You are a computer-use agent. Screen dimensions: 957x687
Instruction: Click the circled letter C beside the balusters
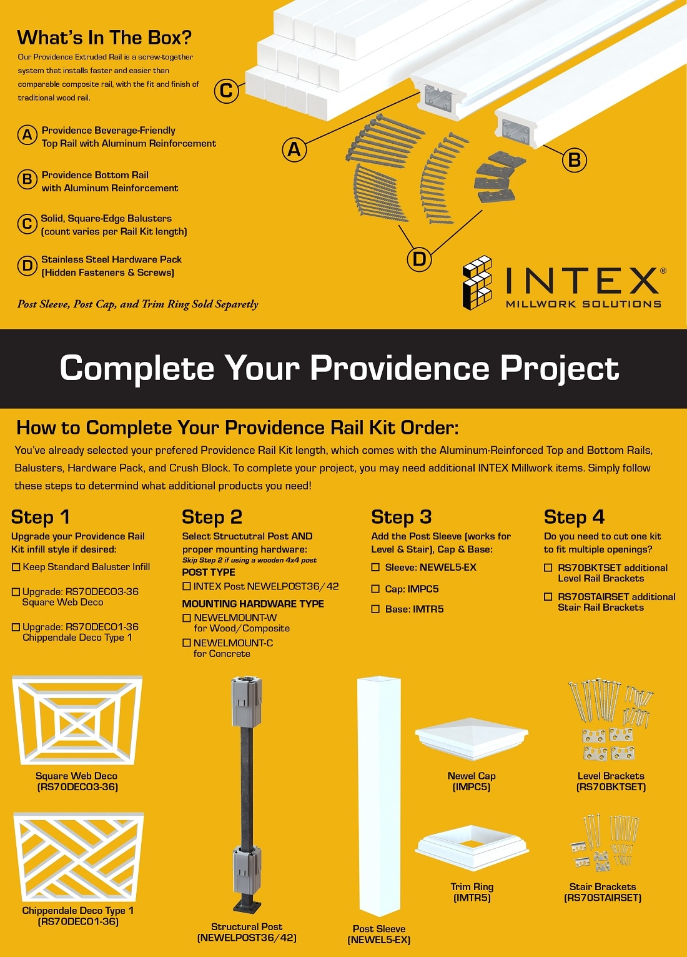226,91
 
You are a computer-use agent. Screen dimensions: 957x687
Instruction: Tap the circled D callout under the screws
419,259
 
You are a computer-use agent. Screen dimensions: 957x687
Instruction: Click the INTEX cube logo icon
477,283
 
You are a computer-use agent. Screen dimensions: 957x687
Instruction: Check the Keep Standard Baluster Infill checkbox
16,568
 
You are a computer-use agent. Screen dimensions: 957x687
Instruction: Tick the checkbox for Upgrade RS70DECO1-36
16,628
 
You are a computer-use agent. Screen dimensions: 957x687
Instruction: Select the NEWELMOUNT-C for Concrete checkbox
187,643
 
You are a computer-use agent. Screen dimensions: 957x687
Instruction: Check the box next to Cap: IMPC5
375,589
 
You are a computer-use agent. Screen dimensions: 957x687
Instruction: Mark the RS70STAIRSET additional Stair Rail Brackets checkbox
548,597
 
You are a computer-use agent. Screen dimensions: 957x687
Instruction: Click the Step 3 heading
401,518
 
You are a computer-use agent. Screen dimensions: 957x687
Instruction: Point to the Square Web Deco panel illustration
77,720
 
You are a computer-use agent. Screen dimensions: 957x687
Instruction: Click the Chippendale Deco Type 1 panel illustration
78,858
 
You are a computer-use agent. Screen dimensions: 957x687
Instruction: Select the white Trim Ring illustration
472,849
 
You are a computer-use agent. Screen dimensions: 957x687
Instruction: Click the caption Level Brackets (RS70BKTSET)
611,781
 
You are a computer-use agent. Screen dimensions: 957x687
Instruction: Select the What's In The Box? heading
104,38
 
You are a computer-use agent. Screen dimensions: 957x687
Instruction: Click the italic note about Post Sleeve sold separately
137,304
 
